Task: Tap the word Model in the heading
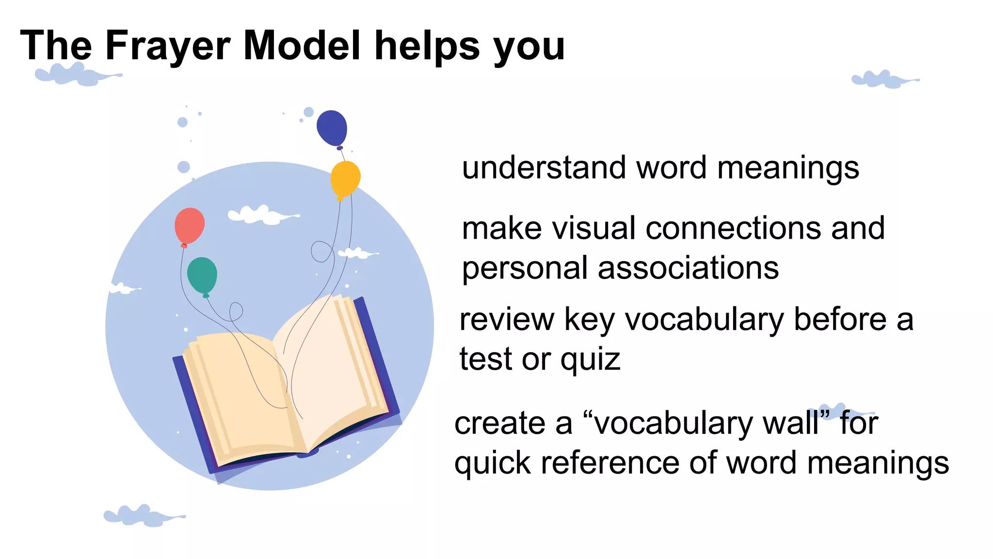(302, 46)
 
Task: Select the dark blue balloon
(332, 128)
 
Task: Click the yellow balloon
(345, 179)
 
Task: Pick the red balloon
(190, 225)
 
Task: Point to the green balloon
(202, 275)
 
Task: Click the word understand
(544, 168)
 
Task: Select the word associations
(688, 268)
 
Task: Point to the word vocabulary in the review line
(704, 320)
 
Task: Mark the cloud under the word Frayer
(78, 75)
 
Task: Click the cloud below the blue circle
(144, 516)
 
